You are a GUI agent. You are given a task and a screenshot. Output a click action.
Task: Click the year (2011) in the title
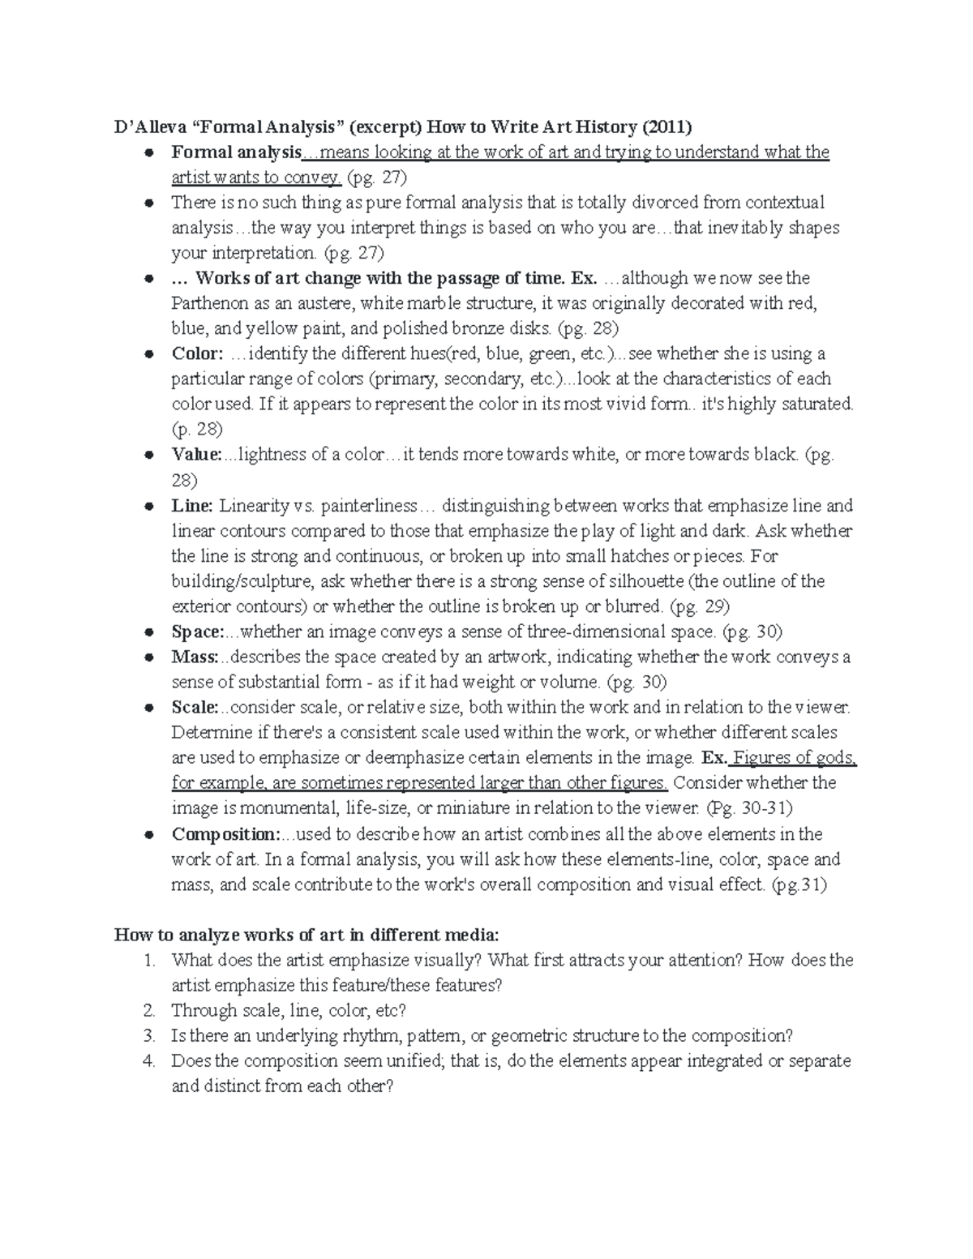tap(667, 126)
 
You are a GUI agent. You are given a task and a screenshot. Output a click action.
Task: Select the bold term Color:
tap(196, 353)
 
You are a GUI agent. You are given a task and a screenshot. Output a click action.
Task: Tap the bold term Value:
tap(196, 455)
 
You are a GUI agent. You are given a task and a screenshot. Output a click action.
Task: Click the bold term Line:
tap(192, 506)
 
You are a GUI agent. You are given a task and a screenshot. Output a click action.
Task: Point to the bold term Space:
tap(197, 632)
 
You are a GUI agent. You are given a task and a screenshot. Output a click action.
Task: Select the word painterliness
tap(369, 506)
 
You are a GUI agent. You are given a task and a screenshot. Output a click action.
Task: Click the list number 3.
tap(148, 1036)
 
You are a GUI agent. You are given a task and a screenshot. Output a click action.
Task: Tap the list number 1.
tap(148, 961)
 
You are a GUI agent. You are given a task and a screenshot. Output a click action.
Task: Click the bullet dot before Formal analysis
tap(149, 153)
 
